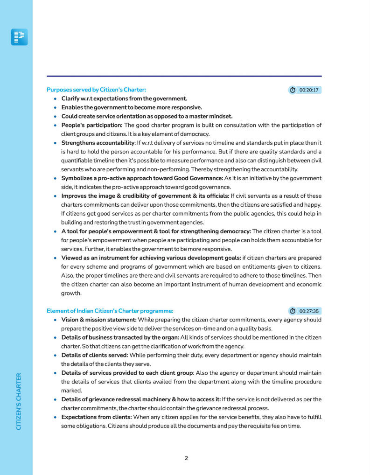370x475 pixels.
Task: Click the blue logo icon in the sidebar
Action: coord(19,37)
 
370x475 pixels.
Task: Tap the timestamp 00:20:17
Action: coord(309,90)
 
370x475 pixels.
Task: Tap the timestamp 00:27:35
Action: coord(309,311)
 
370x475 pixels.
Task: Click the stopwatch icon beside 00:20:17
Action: coord(293,90)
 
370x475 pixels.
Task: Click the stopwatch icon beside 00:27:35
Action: coord(293,311)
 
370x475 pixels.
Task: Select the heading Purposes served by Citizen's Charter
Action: coord(96,90)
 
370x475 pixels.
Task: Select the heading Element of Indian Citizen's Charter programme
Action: coord(110,311)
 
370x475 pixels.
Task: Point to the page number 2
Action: coord(186,458)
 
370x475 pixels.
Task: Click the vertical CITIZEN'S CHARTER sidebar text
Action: coord(19,401)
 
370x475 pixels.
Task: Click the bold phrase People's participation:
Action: coord(92,125)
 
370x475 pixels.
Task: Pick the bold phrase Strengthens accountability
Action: coord(98,142)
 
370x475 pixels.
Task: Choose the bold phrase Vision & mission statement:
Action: coord(99,320)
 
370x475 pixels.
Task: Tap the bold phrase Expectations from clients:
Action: coord(97,417)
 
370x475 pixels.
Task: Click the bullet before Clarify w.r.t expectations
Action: coord(56,98)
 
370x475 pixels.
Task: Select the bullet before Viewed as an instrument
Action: coord(56,258)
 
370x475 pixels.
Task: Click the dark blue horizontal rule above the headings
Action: coord(184,76)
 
